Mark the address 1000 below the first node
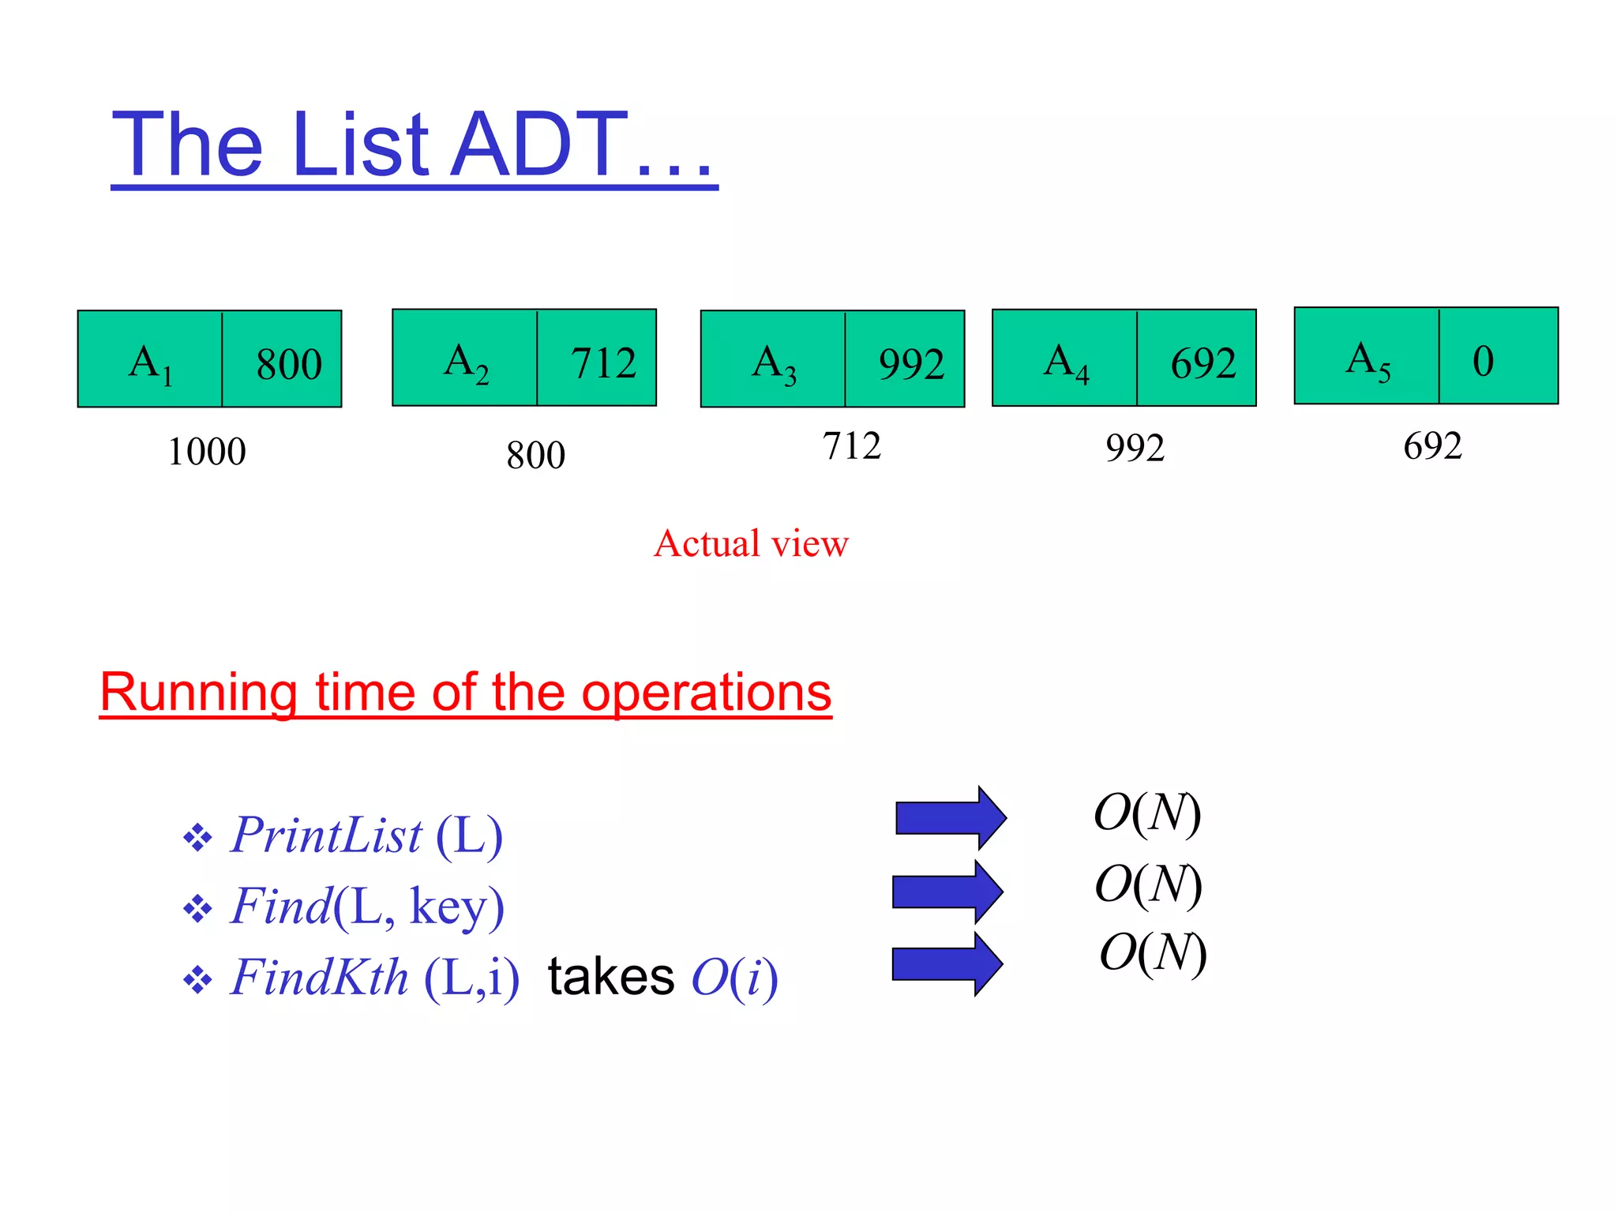[x=207, y=452]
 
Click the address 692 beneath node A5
[x=1432, y=446]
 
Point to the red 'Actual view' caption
[x=751, y=543]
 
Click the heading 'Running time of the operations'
[x=465, y=692]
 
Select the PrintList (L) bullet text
[x=366, y=835]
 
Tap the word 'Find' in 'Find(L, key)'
[x=280, y=906]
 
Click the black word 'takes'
[x=611, y=977]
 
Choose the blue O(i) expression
[x=734, y=977]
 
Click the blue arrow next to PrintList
[x=951, y=817]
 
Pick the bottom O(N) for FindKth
[x=1152, y=952]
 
